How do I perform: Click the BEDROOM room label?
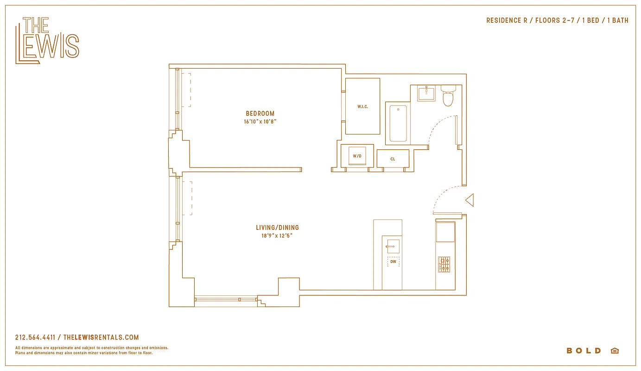click(260, 113)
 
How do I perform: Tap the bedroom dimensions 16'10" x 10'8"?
click(260, 122)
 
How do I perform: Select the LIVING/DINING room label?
click(277, 227)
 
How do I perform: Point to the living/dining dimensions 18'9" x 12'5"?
click(277, 236)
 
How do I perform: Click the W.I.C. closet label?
click(362, 107)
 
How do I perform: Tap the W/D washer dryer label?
click(357, 156)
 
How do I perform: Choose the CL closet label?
click(393, 159)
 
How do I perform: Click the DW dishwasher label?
click(393, 262)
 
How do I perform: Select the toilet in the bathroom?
click(448, 96)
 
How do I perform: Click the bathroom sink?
click(426, 93)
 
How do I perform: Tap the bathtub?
click(398, 123)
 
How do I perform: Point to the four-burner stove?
click(444, 264)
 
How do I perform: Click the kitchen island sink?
click(393, 246)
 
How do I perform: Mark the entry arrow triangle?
click(470, 200)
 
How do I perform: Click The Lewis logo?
click(47, 40)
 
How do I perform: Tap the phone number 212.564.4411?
click(35, 338)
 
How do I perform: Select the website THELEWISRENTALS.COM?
click(101, 338)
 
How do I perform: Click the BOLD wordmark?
click(584, 351)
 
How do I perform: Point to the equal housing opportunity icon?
click(615, 351)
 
